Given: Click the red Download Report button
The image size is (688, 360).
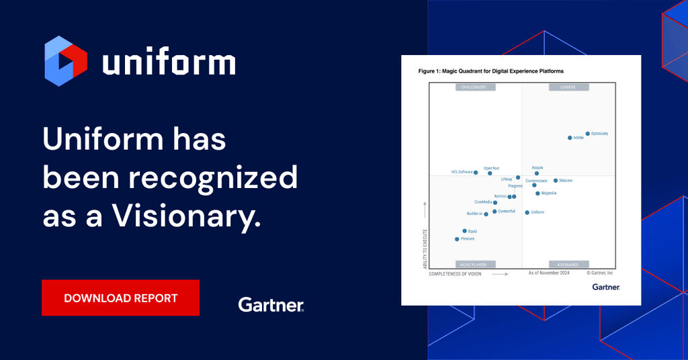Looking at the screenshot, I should [120, 298].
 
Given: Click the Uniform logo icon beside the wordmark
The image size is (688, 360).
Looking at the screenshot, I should [66, 62].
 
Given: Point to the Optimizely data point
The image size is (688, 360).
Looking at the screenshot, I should [587, 134].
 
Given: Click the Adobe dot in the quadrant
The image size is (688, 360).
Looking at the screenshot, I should [570, 138].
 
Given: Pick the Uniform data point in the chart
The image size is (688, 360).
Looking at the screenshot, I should [527, 212].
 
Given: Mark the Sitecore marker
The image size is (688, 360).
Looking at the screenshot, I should [556, 181].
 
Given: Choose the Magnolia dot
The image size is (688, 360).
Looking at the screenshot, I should [537, 193].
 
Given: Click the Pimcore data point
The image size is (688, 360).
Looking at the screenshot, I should [457, 239].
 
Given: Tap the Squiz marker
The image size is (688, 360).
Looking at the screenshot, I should [464, 231].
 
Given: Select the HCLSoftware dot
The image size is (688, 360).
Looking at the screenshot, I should [476, 173].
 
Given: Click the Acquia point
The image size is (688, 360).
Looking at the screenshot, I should [536, 173].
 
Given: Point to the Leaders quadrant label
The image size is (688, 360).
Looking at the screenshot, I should [568, 87].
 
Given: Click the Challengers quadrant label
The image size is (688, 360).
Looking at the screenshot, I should [475, 87].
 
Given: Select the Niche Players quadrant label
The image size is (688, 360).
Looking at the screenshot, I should [475, 265].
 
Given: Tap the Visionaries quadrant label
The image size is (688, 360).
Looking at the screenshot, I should [568, 265].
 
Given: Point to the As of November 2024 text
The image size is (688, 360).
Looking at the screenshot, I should [548, 273].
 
